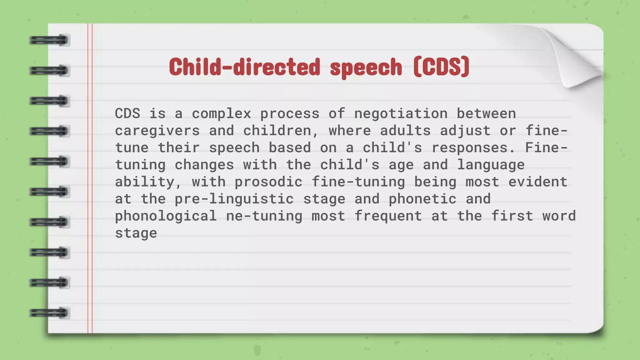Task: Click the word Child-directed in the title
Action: pyautogui.click(x=245, y=67)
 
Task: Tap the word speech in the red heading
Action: pyautogui.click(x=366, y=67)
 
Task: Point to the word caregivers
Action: pyautogui.click(x=157, y=131)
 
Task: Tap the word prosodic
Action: pyautogui.click(x=268, y=182)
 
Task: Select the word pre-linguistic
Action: pyautogui.click(x=234, y=199)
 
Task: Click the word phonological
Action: pyautogui.click(x=166, y=216)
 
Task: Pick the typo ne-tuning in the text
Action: pyautogui.click(x=264, y=216)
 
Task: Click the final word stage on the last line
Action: pyautogui.click(x=136, y=233)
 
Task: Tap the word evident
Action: pyautogui.click(x=537, y=182)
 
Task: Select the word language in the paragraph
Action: pyautogui.click(x=491, y=165)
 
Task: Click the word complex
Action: pyautogui.click(x=221, y=113)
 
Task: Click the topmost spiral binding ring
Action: pyautogui.click(x=49, y=40)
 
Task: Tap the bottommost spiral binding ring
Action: pyautogui.click(x=49, y=313)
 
